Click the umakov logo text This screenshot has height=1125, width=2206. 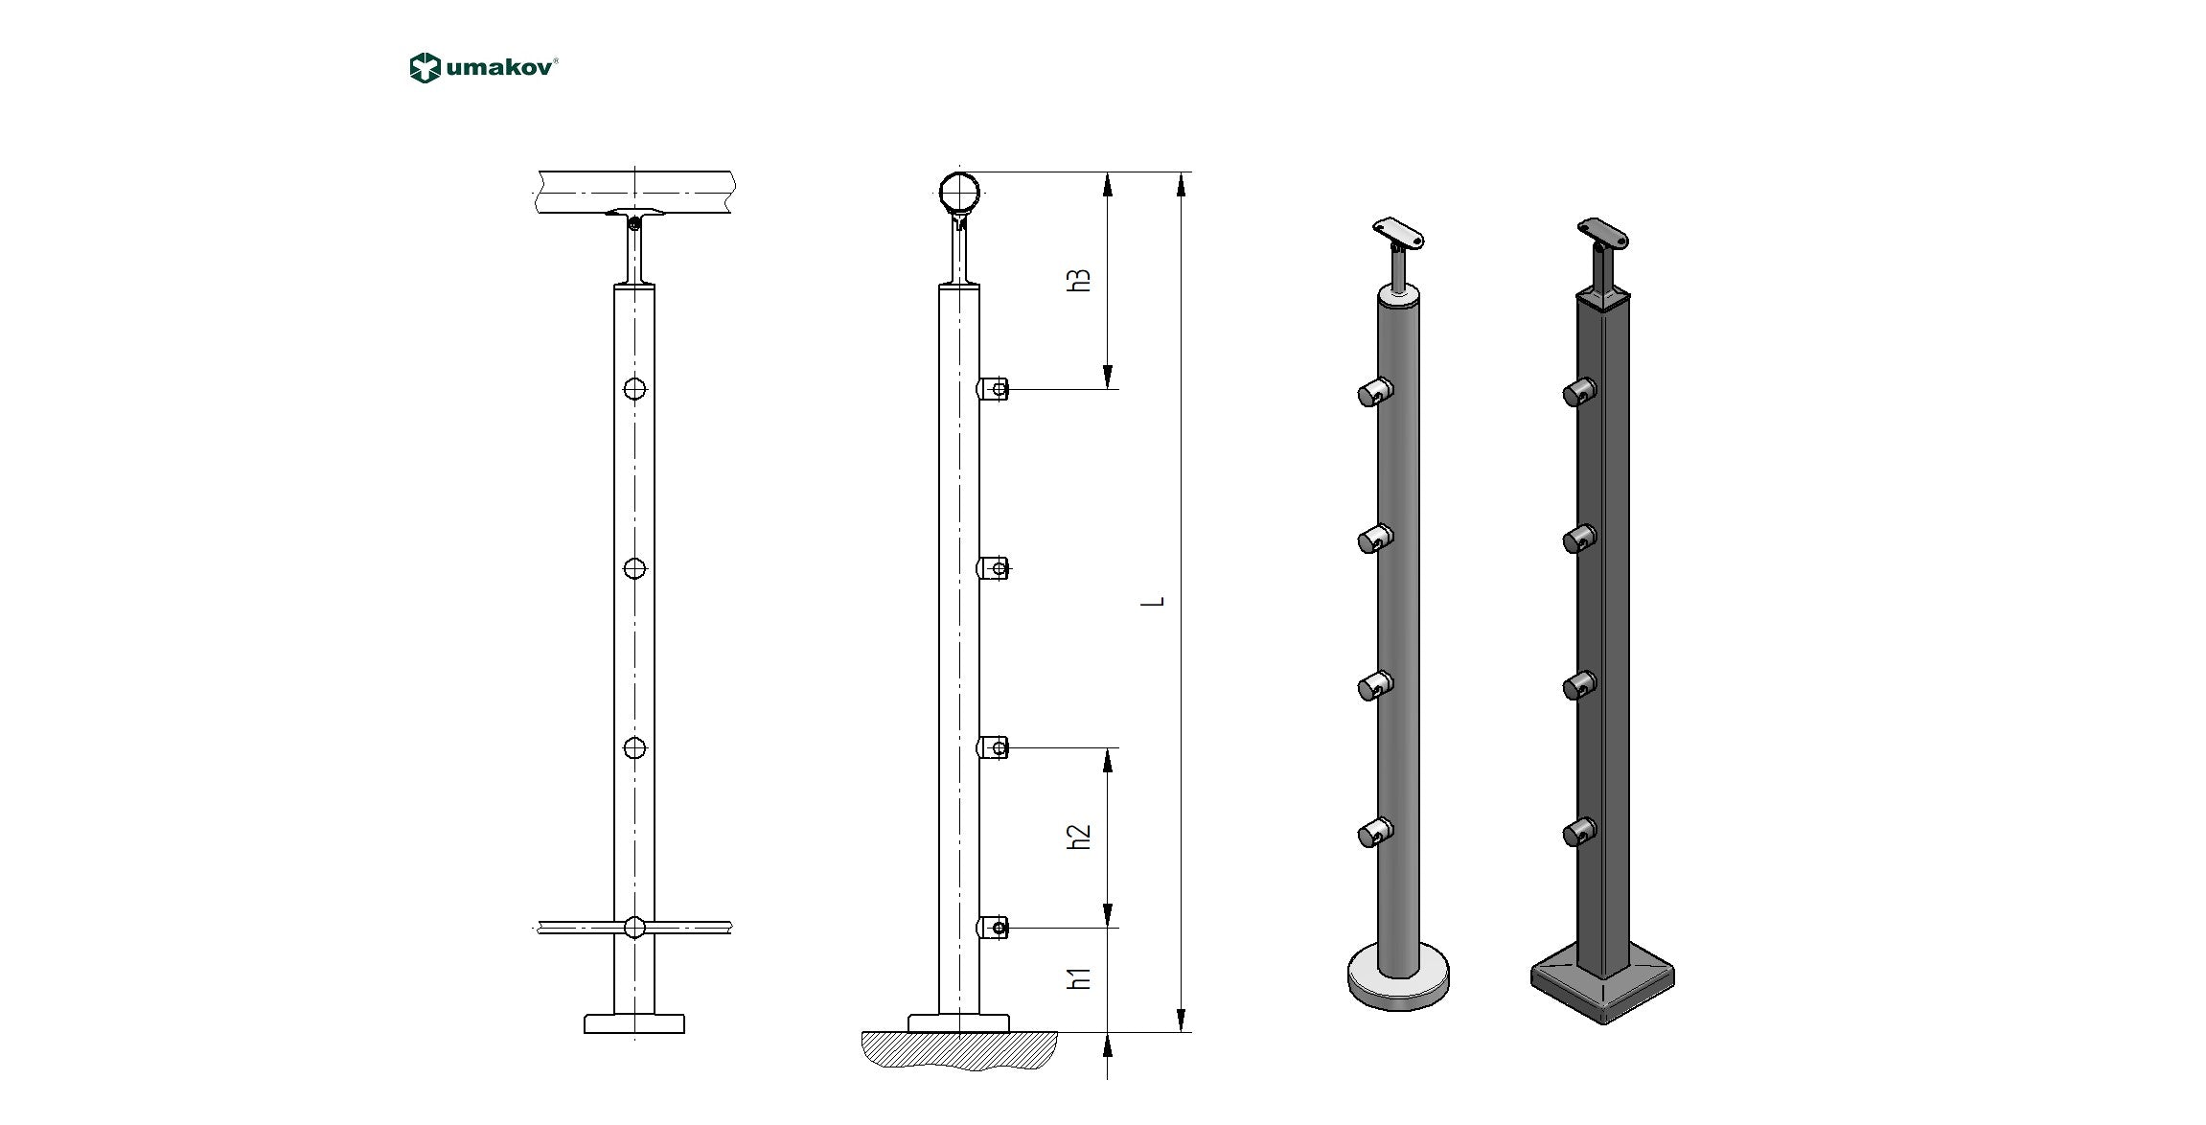tap(499, 69)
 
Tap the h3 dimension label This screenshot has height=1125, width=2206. tap(1080, 280)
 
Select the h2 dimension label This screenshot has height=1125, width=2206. tap(1080, 837)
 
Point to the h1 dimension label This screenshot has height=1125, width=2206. tap(1080, 978)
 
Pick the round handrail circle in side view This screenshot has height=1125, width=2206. tap(959, 193)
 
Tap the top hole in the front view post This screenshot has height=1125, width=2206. tap(634, 389)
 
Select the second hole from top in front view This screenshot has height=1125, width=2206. tap(634, 568)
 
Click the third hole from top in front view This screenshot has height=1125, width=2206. tap(634, 747)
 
